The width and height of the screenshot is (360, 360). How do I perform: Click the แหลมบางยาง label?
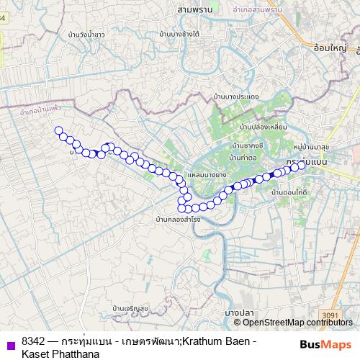207,175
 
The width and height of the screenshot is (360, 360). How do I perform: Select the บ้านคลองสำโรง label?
177,218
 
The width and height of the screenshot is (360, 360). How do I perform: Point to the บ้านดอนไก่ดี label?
290,193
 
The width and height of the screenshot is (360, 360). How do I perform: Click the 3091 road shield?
329,315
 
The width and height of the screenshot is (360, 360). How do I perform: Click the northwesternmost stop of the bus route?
58,130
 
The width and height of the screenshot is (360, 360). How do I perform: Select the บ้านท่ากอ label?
243,156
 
